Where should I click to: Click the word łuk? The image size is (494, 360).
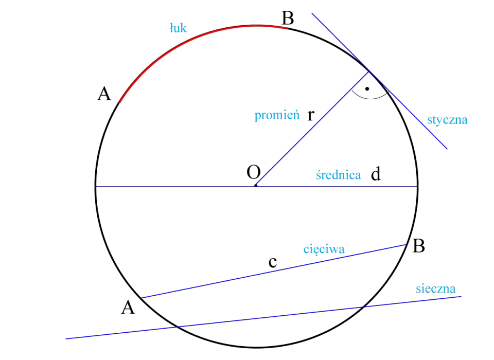click(x=178, y=28)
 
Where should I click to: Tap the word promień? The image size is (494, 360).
click(x=277, y=115)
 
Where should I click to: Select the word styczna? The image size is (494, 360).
click(x=447, y=120)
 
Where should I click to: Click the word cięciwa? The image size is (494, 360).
click(x=324, y=249)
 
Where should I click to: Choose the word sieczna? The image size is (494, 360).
click(x=436, y=289)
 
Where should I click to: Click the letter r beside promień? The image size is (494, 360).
click(x=311, y=115)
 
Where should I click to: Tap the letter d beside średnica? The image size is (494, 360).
click(x=376, y=174)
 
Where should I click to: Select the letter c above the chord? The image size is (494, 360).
click(x=273, y=262)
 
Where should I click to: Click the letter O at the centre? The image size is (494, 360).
click(x=254, y=172)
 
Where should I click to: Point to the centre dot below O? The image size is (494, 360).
click(x=256, y=186)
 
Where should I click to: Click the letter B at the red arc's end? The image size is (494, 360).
click(x=288, y=18)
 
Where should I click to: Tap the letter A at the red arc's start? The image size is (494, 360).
click(x=104, y=94)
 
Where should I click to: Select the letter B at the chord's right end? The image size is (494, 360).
click(x=419, y=246)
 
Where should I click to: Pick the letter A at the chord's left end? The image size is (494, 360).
click(x=128, y=307)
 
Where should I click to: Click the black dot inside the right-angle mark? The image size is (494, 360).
click(x=367, y=89)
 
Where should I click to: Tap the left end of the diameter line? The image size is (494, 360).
click(x=96, y=187)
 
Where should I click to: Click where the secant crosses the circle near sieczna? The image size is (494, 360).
click(x=364, y=306)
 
